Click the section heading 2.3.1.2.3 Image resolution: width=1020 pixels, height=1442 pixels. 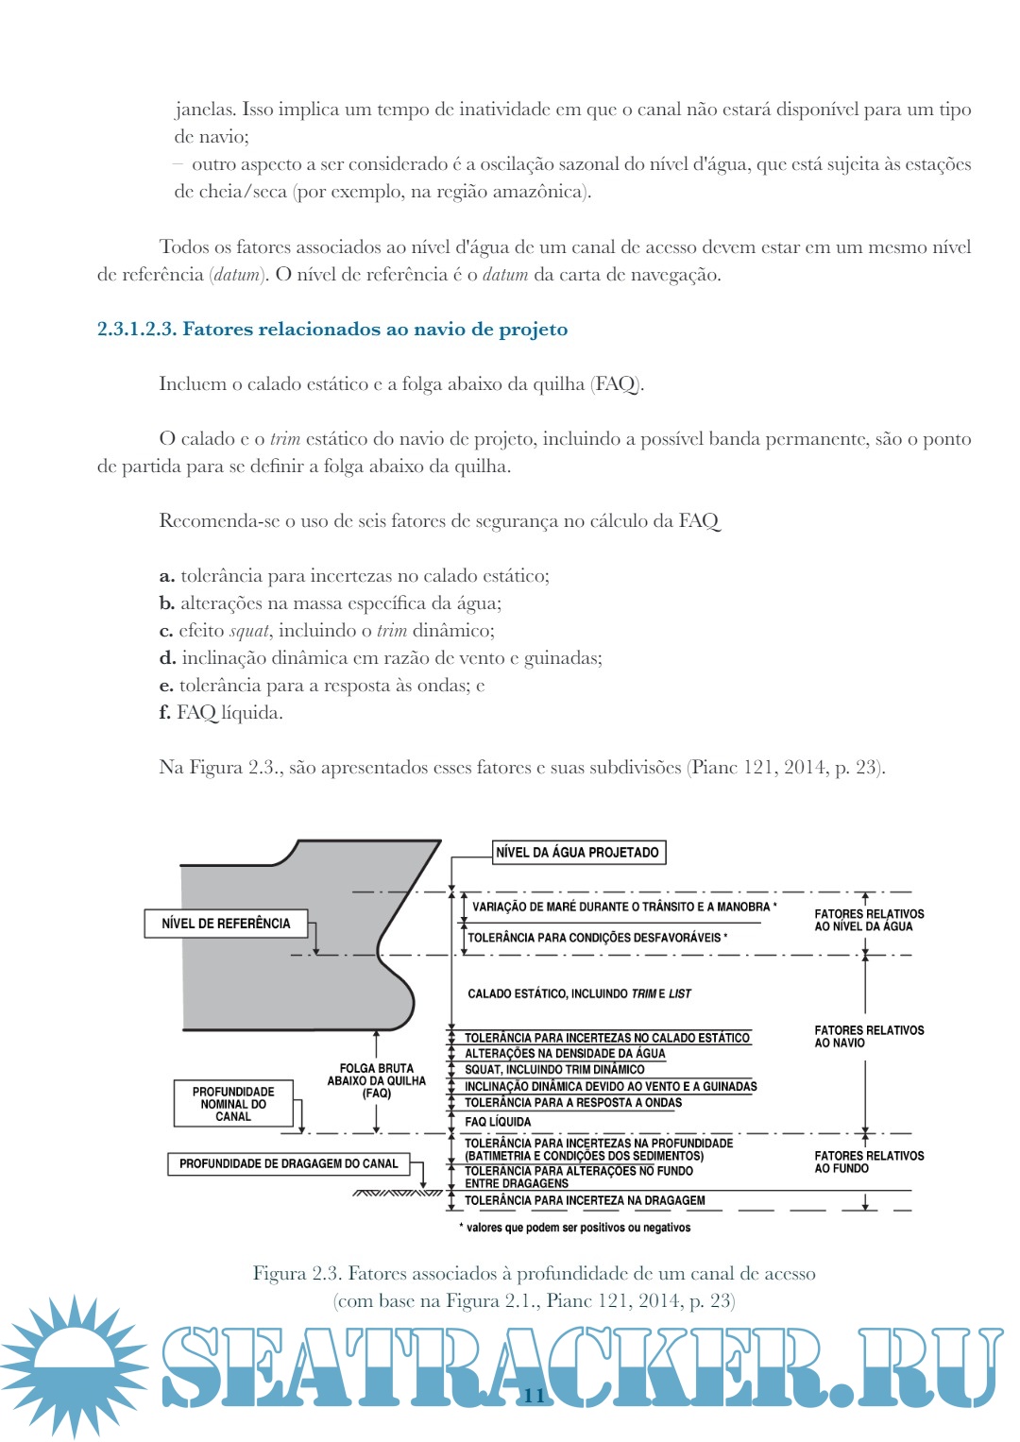click(332, 330)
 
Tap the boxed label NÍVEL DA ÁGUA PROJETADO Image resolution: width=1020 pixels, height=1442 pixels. click(578, 853)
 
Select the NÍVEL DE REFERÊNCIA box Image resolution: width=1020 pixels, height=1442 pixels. click(226, 924)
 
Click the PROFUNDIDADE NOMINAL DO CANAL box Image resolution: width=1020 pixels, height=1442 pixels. click(233, 1104)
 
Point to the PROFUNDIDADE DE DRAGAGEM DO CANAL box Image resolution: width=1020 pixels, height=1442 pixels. click(289, 1164)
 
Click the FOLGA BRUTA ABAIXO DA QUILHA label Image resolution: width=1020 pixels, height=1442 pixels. click(376, 1081)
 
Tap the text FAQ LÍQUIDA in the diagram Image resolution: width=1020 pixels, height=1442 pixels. click(498, 1122)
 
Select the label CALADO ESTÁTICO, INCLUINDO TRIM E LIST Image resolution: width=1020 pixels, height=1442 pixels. click(579, 993)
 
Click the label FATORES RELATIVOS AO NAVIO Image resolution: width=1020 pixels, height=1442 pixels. click(869, 1037)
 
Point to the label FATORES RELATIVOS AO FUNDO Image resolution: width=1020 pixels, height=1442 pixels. click(869, 1162)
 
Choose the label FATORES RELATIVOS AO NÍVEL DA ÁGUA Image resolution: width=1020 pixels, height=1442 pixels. click(869, 921)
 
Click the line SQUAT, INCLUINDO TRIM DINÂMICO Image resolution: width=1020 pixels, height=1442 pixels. click(554, 1070)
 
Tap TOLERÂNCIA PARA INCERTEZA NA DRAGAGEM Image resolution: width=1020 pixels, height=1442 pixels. click(585, 1201)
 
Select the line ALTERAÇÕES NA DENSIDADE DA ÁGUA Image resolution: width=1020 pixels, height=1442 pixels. click(565, 1054)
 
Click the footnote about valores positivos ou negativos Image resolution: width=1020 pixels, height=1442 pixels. click(576, 1229)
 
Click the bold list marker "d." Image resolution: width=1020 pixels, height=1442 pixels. click(167, 658)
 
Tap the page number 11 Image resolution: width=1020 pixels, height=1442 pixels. click(535, 1396)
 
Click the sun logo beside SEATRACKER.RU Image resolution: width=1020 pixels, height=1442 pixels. click(74, 1366)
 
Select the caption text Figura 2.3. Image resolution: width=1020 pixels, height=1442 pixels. click(534, 1274)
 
